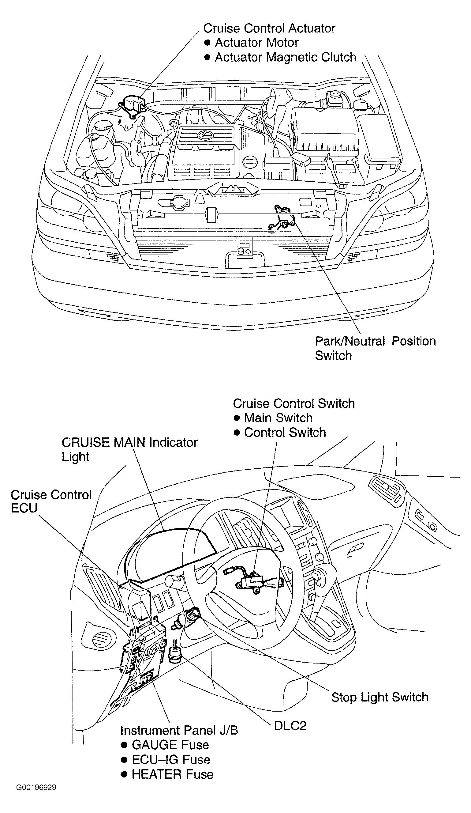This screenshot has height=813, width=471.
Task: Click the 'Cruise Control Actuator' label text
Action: click(x=269, y=28)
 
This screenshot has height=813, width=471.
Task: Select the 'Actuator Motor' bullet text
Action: click(x=256, y=43)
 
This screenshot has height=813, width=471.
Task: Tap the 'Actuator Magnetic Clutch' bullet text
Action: click(x=285, y=57)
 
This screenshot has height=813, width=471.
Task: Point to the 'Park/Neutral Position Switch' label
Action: click(x=375, y=348)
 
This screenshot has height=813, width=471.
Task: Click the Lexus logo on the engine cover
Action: click(x=204, y=135)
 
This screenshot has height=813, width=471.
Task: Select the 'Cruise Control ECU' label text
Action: click(x=51, y=501)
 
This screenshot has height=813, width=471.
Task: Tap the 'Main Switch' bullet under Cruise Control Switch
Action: click(x=278, y=418)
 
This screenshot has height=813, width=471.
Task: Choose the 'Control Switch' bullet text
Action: click(x=285, y=432)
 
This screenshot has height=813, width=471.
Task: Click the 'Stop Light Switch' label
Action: click(x=379, y=697)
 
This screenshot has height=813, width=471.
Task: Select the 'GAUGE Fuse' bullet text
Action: click(x=170, y=745)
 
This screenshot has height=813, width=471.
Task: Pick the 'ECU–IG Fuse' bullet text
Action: click(x=171, y=759)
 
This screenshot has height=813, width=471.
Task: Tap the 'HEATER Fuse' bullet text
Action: click(x=173, y=774)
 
